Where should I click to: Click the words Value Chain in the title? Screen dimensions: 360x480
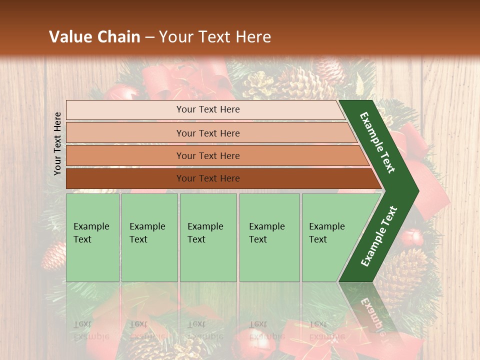(94, 37)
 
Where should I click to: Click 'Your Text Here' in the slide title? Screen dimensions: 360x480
(215, 37)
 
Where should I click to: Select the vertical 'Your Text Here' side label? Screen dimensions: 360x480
(58, 143)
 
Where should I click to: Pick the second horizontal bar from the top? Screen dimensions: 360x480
(207, 133)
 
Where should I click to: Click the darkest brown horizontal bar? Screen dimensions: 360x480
(215, 178)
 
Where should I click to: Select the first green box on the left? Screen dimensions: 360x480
(92, 237)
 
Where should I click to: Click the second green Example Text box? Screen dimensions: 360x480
(149, 237)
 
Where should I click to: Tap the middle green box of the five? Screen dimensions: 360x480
(208, 237)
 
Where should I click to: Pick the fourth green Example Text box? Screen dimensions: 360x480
(269, 237)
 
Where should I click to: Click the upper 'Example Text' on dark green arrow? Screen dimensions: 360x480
(377, 142)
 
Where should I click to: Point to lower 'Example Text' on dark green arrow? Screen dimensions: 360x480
(379, 236)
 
